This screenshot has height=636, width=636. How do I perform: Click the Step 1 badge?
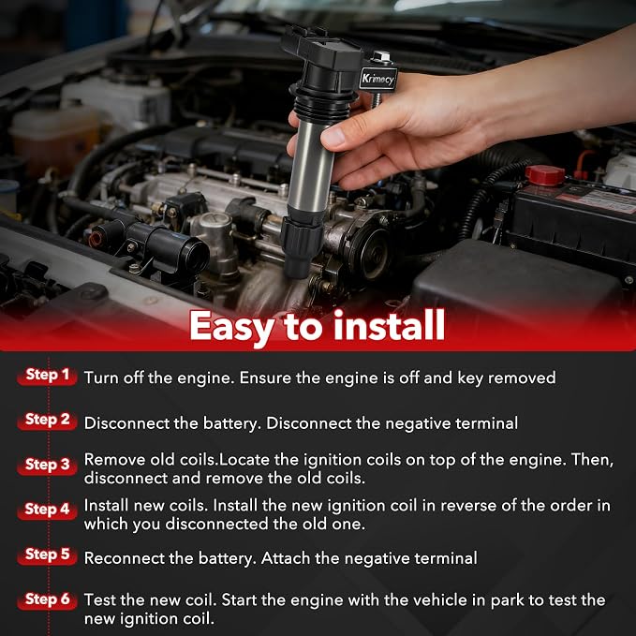click(47, 376)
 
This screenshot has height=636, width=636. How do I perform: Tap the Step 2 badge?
click(47, 421)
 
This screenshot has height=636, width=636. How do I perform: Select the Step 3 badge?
click(47, 466)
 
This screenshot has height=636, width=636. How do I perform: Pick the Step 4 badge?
click(47, 510)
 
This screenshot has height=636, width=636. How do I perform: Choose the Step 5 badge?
click(47, 555)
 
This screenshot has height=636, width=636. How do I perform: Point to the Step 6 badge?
click(47, 599)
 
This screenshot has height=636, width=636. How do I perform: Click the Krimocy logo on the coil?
click(378, 79)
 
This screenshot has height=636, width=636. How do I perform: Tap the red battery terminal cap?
click(545, 175)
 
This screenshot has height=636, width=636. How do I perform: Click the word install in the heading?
click(390, 325)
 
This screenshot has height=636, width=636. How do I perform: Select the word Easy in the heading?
click(233, 328)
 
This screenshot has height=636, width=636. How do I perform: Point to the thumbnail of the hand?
click(333, 138)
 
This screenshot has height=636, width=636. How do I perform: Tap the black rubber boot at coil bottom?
click(301, 246)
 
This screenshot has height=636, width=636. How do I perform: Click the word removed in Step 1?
click(522, 378)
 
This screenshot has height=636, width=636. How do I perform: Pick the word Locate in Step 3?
click(244, 460)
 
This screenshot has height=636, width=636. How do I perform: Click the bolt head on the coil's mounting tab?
click(381, 56)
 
